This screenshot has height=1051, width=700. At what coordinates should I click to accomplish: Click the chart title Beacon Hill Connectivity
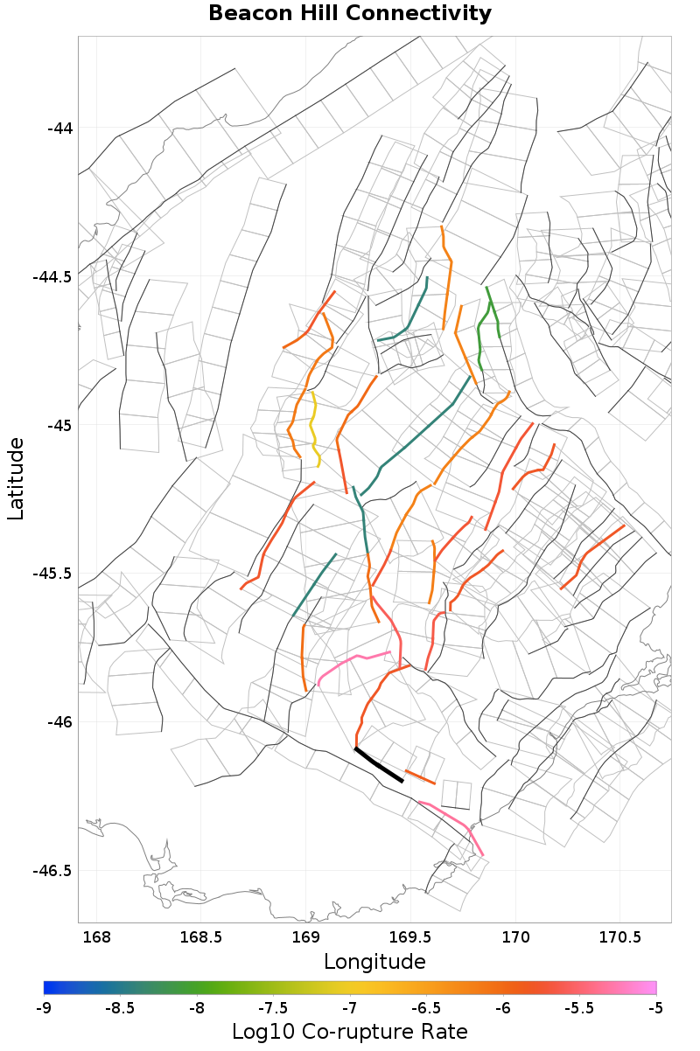point(350,14)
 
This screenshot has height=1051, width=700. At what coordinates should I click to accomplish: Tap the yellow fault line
point(312,428)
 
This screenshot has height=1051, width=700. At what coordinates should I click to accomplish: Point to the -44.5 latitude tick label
point(52,277)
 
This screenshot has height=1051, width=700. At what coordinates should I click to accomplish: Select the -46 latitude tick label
point(59,722)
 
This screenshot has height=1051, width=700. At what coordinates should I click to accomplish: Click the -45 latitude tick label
point(59,426)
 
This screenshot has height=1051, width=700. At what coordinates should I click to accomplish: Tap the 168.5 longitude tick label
point(200,938)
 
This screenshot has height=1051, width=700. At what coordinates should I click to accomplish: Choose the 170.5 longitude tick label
point(619,938)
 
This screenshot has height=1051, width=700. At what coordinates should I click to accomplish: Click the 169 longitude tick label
point(305,938)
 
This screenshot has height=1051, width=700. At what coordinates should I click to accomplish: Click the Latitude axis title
point(16,479)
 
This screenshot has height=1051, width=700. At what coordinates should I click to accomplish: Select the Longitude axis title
point(374,962)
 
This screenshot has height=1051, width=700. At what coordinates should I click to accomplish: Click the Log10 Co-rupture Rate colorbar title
point(350,1031)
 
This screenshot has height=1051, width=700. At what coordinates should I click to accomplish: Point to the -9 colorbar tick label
point(44,1007)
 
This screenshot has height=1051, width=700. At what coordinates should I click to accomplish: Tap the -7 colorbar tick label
point(350,1007)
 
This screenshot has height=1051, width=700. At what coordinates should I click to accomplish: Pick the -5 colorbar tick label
point(655,1007)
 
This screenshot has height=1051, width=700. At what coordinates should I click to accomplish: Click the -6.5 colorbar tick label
point(426,1007)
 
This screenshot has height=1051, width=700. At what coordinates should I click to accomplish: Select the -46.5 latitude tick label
point(52,871)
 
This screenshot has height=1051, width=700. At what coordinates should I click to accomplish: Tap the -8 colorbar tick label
point(197,1007)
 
